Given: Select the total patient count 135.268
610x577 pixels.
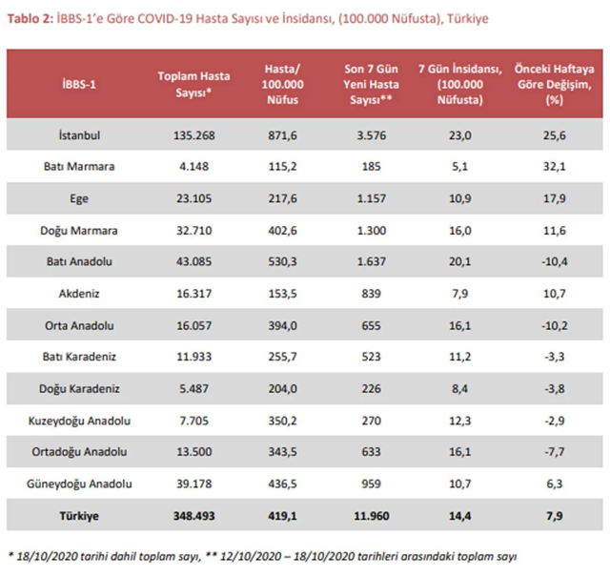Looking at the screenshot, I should pos(189,136).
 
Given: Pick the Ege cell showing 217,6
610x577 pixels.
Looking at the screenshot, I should pos(282,197).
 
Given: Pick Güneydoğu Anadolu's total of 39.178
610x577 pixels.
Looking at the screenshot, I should pos(189,483).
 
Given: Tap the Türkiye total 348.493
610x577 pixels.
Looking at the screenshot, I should pos(189,514).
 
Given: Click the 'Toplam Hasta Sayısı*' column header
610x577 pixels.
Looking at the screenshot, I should pos(189,84).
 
